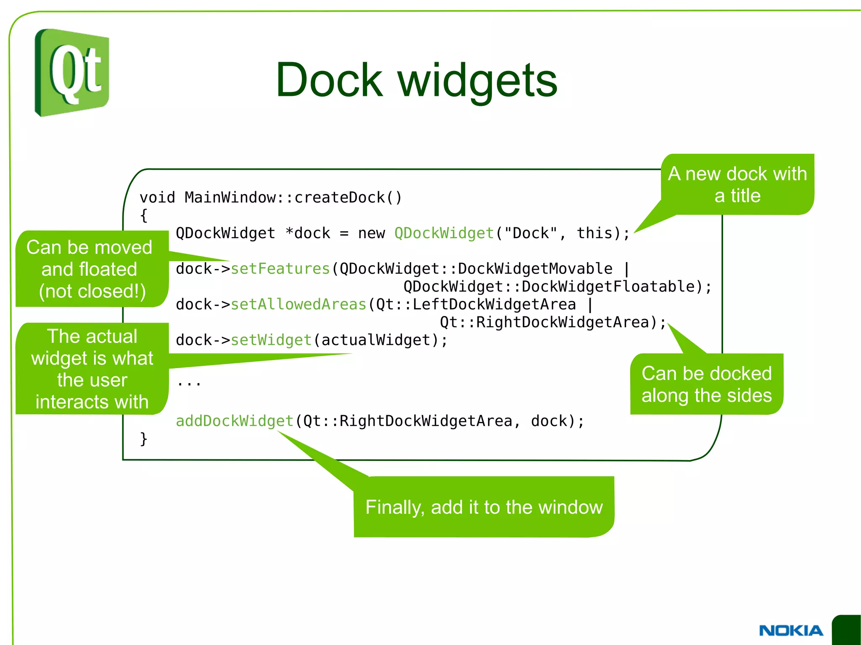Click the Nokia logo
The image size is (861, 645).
(x=791, y=630)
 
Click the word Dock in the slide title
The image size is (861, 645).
(x=329, y=80)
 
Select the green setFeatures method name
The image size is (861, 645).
(x=280, y=269)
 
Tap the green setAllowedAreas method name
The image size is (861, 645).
(x=298, y=304)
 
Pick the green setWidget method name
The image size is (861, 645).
(x=271, y=340)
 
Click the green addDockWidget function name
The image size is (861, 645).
(x=235, y=421)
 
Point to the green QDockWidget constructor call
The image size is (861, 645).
(x=444, y=233)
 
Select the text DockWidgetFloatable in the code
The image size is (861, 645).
(x=607, y=287)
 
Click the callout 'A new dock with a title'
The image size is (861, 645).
(x=737, y=184)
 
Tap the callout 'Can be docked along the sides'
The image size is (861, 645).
(x=706, y=384)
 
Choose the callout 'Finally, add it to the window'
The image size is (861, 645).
(x=484, y=507)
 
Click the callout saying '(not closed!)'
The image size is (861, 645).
(x=92, y=291)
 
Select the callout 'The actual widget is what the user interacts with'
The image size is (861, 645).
(x=92, y=369)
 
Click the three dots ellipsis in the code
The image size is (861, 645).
(x=189, y=382)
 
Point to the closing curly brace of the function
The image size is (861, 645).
(x=144, y=439)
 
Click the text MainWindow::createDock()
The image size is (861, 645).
(x=293, y=197)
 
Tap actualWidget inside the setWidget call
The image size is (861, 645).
(x=376, y=340)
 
